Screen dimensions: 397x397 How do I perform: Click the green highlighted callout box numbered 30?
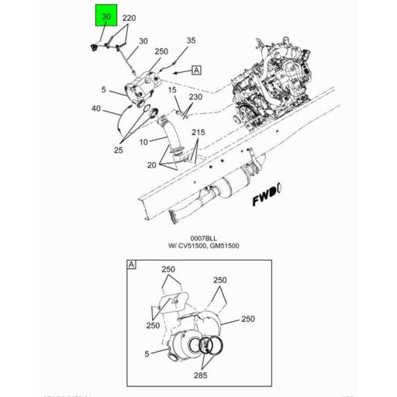click(106, 16)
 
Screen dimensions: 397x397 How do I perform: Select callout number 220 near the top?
click(129, 18)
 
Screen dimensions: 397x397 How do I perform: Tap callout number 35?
click(192, 40)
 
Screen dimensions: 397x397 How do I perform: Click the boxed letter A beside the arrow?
click(196, 70)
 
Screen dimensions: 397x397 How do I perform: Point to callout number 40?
click(95, 109)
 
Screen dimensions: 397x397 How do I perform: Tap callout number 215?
click(198, 133)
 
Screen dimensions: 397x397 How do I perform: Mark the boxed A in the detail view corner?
click(131, 266)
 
